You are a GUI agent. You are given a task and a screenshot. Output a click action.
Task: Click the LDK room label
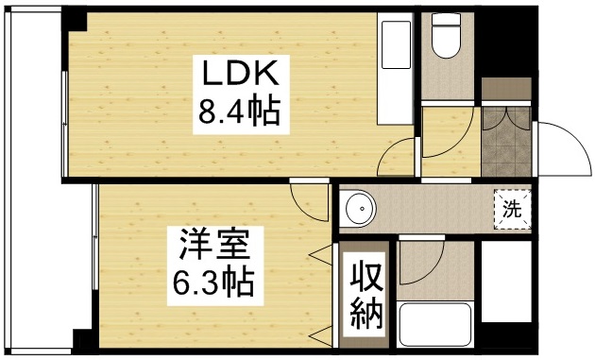[x=236, y=74]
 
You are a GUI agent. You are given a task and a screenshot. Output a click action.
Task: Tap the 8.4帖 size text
[x=236, y=114]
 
